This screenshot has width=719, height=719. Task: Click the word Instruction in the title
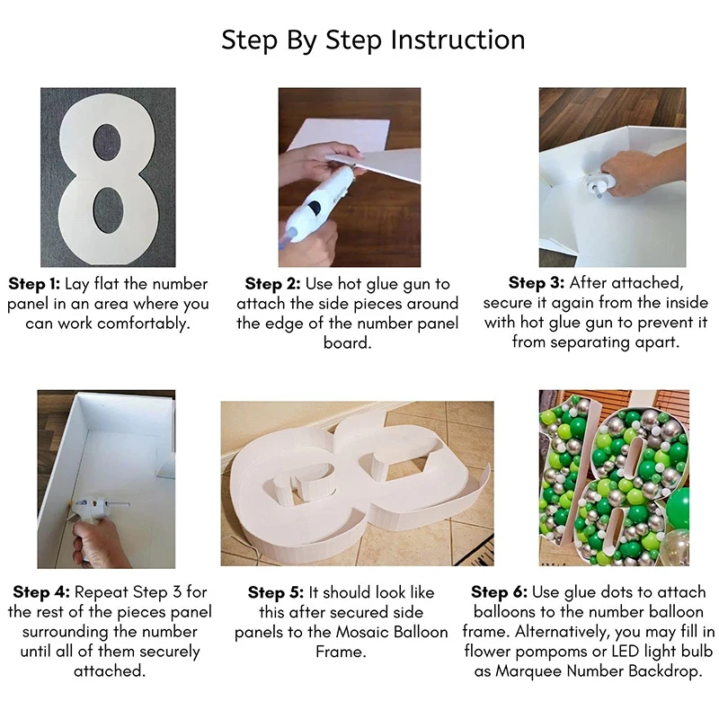(457, 40)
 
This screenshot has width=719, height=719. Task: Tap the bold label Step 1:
(34, 284)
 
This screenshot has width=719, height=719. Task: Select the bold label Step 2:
(272, 284)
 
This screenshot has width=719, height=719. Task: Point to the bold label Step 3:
(536, 282)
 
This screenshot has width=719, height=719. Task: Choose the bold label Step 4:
(41, 592)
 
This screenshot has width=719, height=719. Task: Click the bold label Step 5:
(276, 592)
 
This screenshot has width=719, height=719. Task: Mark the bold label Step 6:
(499, 592)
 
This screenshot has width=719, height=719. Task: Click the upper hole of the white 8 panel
(108, 145)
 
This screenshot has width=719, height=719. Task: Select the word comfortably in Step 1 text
(144, 324)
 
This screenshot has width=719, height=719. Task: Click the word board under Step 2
(347, 343)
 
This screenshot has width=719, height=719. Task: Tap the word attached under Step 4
(110, 671)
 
